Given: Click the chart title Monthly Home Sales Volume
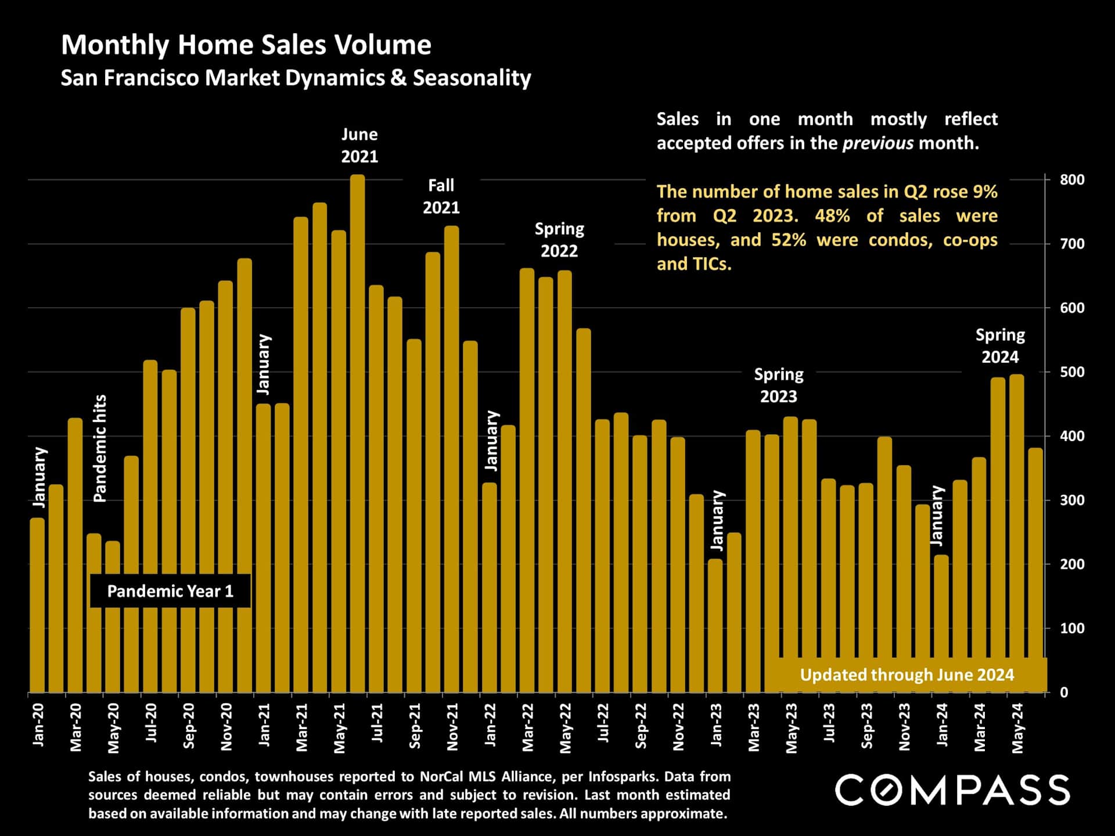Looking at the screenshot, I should (x=246, y=45).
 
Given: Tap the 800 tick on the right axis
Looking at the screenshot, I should (x=1071, y=180).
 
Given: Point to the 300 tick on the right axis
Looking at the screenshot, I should (x=1071, y=500).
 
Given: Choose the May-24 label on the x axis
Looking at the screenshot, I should (x=1017, y=728).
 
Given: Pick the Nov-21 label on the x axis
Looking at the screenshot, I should (x=452, y=727).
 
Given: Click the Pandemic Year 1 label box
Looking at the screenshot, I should (x=170, y=591).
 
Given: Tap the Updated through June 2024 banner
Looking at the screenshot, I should (x=907, y=675).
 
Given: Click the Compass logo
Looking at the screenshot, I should (x=952, y=790).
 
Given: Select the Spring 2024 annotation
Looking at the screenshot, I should (x=999, y=346).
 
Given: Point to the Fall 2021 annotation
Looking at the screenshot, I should (x=441, y=196).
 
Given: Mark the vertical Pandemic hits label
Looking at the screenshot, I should (x=100, y=448).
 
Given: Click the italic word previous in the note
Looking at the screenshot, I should (x=877, y=143).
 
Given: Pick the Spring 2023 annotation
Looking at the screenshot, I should (x=778, y=385).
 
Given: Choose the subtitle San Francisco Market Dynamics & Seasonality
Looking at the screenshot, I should (x=296, y=78).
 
